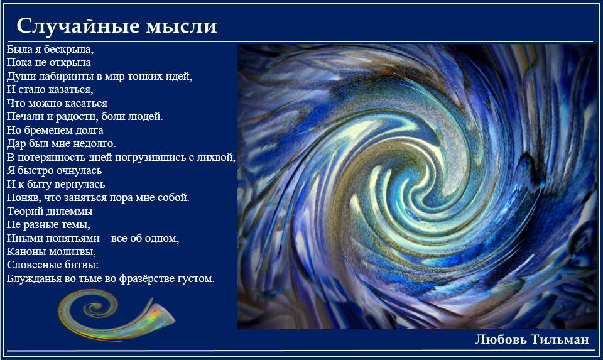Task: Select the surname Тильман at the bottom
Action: (x=560, y=339)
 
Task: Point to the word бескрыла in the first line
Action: (x=68, y=49)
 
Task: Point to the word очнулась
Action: (x=79, y=170)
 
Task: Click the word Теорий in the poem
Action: (x=23, y=211)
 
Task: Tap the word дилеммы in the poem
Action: (x=68, y=211)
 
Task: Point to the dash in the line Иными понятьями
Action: (x=106, y=239)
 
